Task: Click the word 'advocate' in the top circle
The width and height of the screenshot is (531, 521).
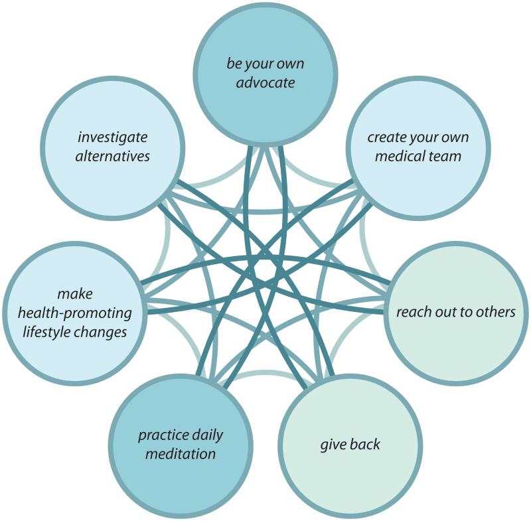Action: click(x=265, y=82)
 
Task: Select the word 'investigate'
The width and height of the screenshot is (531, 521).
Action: click(x=113, y=138)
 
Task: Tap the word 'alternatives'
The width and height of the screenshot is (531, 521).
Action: click(x=113, y=157)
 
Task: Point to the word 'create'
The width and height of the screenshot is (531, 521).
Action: click(x=386, y=137)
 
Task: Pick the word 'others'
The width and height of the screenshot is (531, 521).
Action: click(x=496, y=312)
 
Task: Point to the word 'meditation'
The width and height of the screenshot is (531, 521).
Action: click(x=181, y=454)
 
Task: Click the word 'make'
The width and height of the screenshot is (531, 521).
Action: click(x=75, y=294)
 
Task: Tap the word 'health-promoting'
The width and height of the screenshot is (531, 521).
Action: click(x=75, y=313)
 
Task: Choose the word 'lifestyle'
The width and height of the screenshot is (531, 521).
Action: click(x=46, y=332)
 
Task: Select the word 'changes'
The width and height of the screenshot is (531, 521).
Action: click(x=101, y=333)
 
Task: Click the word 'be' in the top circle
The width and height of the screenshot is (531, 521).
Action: click(x=234, y=64)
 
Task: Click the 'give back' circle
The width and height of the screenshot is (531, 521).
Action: click(x=350, y=446)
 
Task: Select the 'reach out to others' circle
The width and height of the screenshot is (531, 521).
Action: click(x=456, y=313)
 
